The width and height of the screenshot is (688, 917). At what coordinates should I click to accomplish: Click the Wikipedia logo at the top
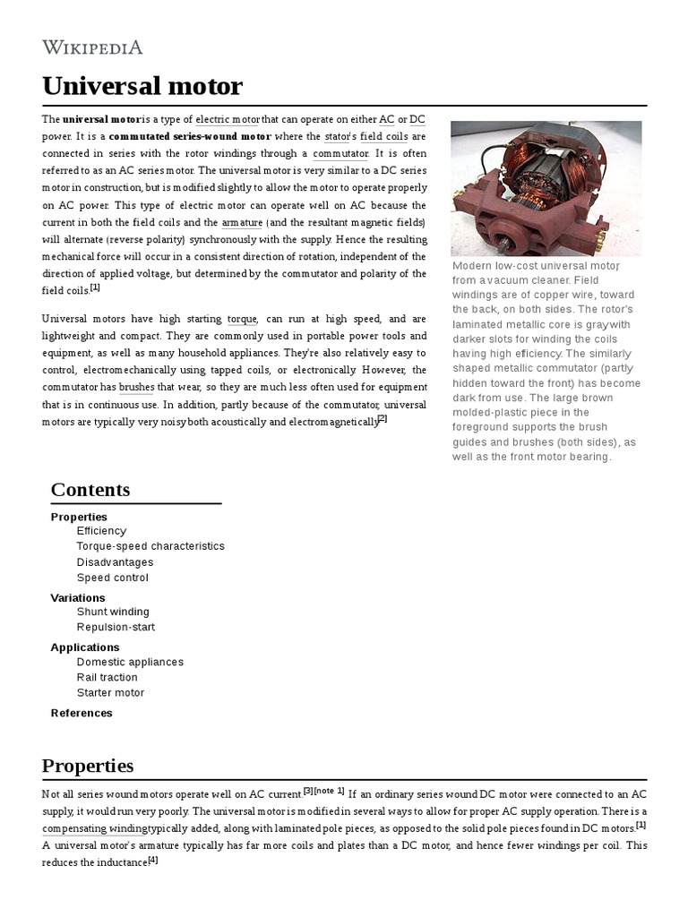[92, 47]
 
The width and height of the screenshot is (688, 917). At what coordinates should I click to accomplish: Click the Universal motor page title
[142, 86]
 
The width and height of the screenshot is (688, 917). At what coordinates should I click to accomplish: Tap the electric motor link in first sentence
[228, 119]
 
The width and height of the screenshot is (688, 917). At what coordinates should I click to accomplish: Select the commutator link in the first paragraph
[340, 153]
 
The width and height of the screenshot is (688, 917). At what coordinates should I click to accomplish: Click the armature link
[242, 222]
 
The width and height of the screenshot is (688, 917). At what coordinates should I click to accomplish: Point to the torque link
[242, 319]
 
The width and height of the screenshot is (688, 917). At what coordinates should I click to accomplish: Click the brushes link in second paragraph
[137, 387]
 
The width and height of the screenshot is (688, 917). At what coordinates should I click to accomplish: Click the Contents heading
[90, 489]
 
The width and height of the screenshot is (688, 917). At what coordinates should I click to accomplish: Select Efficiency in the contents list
[101, 531]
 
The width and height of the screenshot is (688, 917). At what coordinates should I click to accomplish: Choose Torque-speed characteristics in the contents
[150, 546]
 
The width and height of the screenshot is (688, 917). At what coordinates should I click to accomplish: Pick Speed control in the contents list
[113, 578]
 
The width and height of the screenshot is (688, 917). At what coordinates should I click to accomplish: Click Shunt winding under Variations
[113, 613]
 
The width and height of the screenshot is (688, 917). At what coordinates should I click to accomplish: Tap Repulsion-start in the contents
[116, 628]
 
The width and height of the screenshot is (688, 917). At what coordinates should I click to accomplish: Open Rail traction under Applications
[107, 678]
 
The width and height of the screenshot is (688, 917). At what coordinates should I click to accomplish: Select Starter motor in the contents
[110, 693]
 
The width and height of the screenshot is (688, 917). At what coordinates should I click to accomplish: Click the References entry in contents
[82, 713]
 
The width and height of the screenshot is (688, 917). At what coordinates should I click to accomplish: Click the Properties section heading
[88, 766]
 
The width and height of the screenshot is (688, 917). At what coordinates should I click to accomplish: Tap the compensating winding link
[95, 829]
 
